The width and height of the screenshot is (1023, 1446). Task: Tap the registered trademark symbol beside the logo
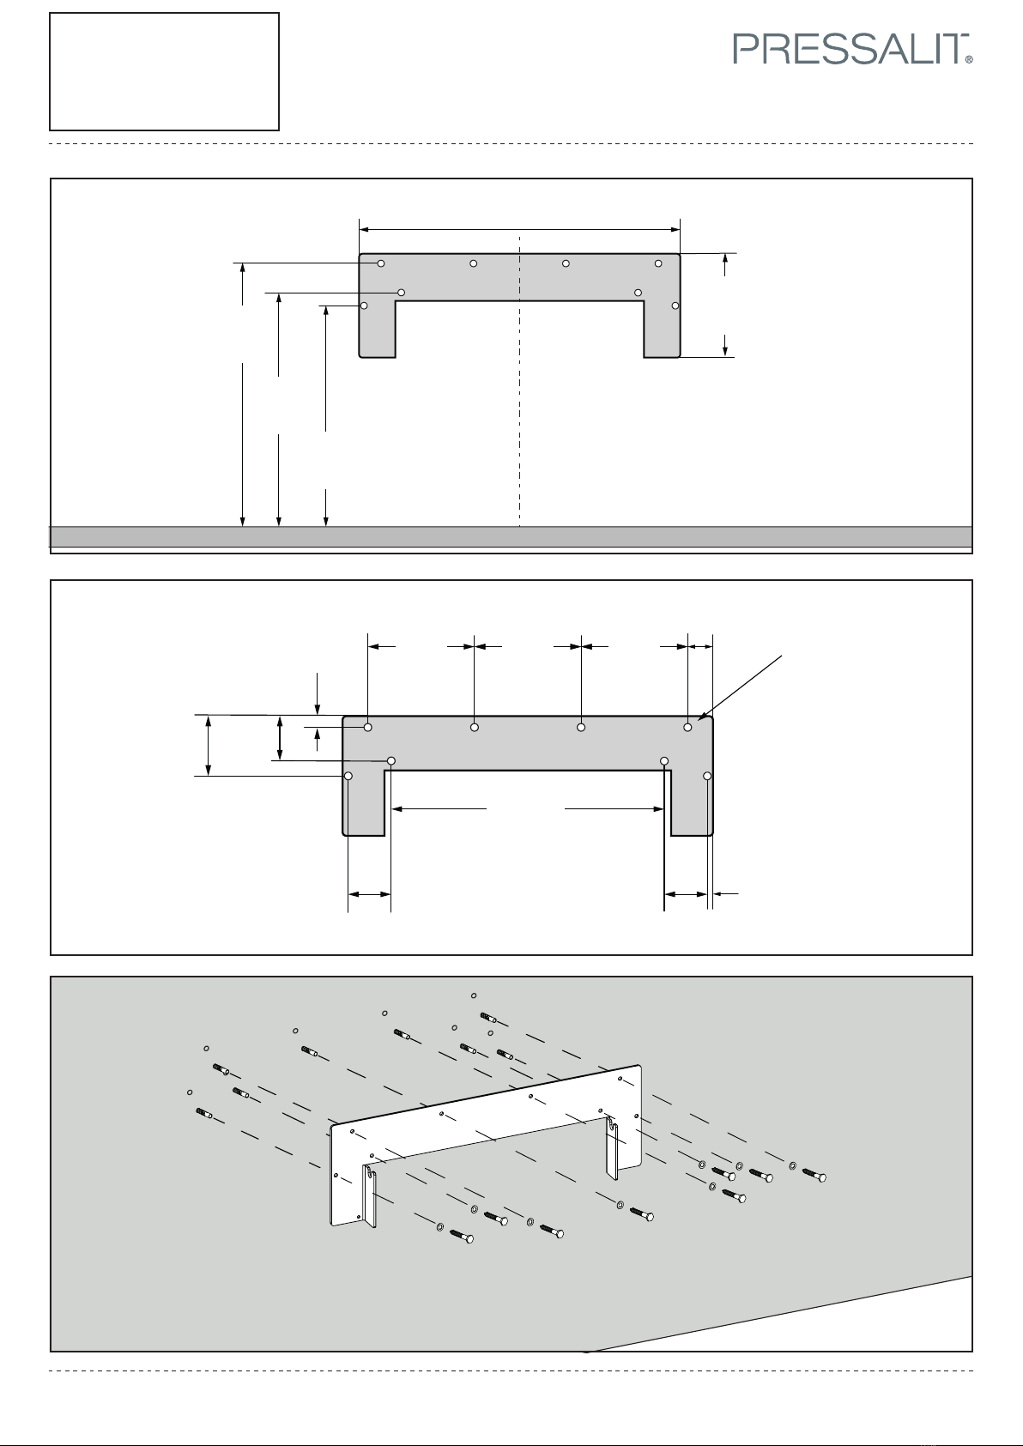[x=969, y=60]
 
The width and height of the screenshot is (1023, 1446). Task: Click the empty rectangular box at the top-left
[x=165, y=71]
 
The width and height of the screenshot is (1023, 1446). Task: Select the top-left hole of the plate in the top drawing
[x=381, y=263]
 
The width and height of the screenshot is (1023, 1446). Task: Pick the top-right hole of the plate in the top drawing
[x=658, y=263]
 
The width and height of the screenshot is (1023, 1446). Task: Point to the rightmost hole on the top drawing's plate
[x=675, y=306]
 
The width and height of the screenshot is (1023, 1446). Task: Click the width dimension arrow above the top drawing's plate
[x=519, y=229]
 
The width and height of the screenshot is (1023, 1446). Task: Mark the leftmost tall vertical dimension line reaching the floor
[x=244, y=429]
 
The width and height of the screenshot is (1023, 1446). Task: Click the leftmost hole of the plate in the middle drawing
[x=348, y=776]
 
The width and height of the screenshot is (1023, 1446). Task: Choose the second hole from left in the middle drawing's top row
[x=475, y=728]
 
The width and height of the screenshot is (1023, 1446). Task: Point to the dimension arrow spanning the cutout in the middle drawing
[x=528, y=808]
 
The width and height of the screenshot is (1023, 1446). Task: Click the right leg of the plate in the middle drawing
[x=692, y=802]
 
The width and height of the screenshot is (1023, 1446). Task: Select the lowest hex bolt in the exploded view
[x=462, y=1237]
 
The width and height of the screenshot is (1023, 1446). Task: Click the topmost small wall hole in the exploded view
[x=474, y=995]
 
